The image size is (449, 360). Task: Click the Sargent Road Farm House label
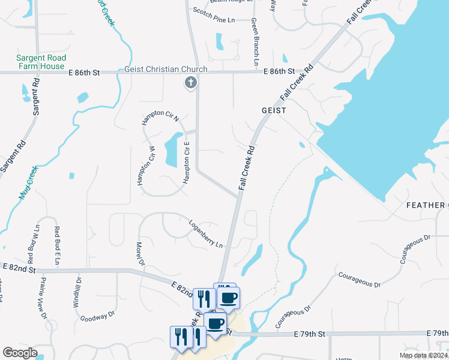click(x=41, y=62)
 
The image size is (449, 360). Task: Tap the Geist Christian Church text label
click(x=166, y=70)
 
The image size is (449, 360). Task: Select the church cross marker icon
click(x=190, y=83)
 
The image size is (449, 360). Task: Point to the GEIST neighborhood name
click(x=273, y=111)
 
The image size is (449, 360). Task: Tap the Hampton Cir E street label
click(x=187, y=163)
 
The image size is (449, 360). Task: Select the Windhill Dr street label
click(x=78, y=292)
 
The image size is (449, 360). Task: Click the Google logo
click(x=20, y=353)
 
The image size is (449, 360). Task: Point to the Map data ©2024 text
click(x=423, y=355)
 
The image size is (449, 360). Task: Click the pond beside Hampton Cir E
click(x=172, y=150)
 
